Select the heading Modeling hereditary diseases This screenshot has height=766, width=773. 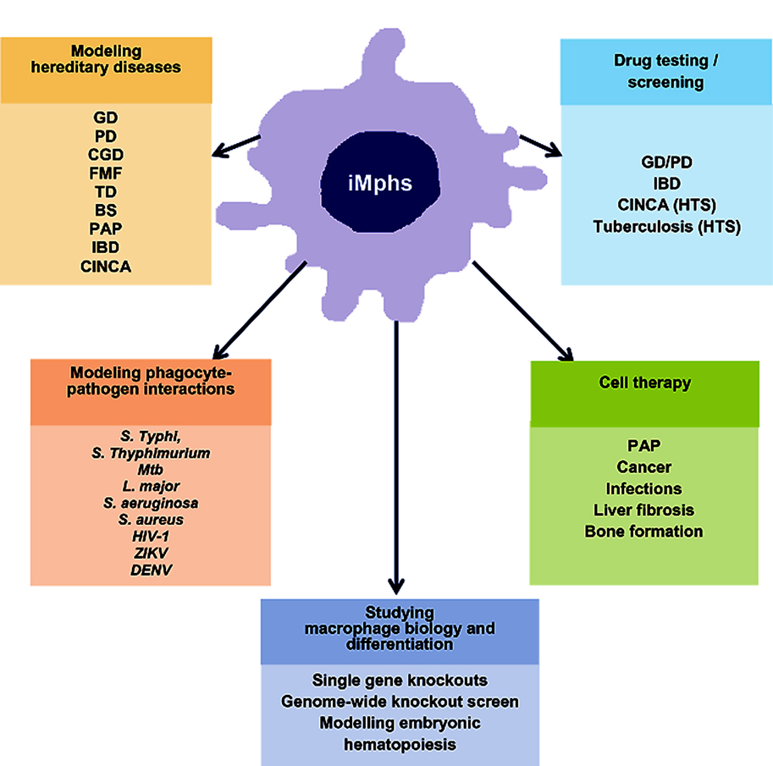[106, 59]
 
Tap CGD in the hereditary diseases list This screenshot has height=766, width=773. [106, 153]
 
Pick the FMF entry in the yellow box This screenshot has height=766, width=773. [106, 173]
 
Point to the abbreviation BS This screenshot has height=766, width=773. [106, 211]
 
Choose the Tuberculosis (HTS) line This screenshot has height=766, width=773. [666, 226]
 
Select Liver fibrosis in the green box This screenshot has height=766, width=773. [644, 510]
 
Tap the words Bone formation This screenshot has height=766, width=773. [644, 532]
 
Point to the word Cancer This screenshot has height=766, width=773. [644, 466]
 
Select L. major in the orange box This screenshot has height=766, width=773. [151, 486]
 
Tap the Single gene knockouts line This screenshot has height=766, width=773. [400, 680]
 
